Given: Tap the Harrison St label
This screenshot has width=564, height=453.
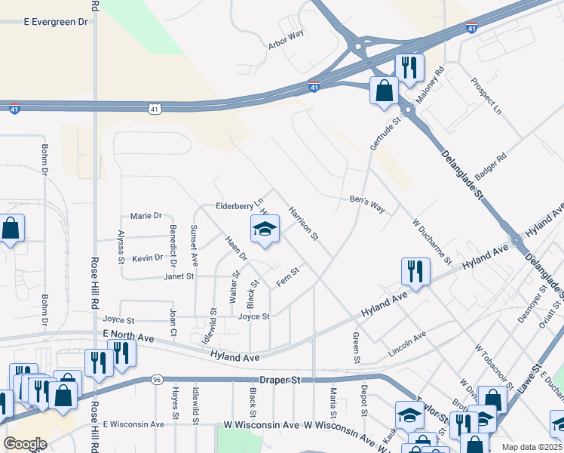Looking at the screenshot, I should pos(303,224).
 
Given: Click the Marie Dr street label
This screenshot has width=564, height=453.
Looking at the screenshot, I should pos(146,215).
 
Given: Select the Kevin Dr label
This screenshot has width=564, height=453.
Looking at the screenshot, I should pos(148,257).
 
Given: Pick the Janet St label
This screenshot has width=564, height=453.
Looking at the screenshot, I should pos(179,277).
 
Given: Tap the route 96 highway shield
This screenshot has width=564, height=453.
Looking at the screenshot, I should pos(156,379).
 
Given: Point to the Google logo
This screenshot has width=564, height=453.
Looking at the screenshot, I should pos(25,444).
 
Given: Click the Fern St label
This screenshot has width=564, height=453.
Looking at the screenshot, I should pos(288,276).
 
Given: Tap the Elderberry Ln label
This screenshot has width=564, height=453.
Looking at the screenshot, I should pos(239,204).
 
